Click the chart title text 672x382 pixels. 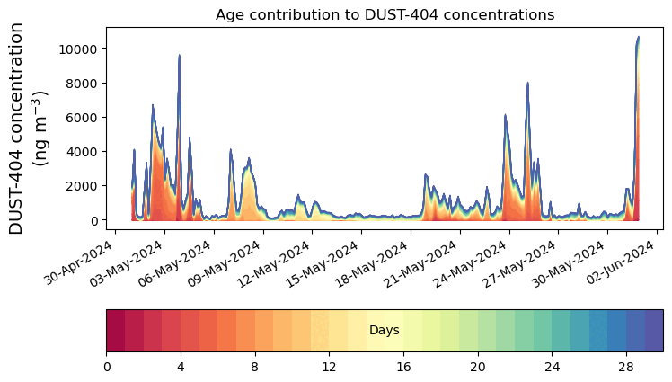tap(385, 14)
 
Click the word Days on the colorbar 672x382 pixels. tap(384, 331)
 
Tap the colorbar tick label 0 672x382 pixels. tap(107, 367)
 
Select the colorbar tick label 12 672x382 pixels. tap(329, 367)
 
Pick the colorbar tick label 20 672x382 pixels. tap(477, 367)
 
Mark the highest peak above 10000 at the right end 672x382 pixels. tap(638, 38)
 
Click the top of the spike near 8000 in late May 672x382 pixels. tap(528, 83)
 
